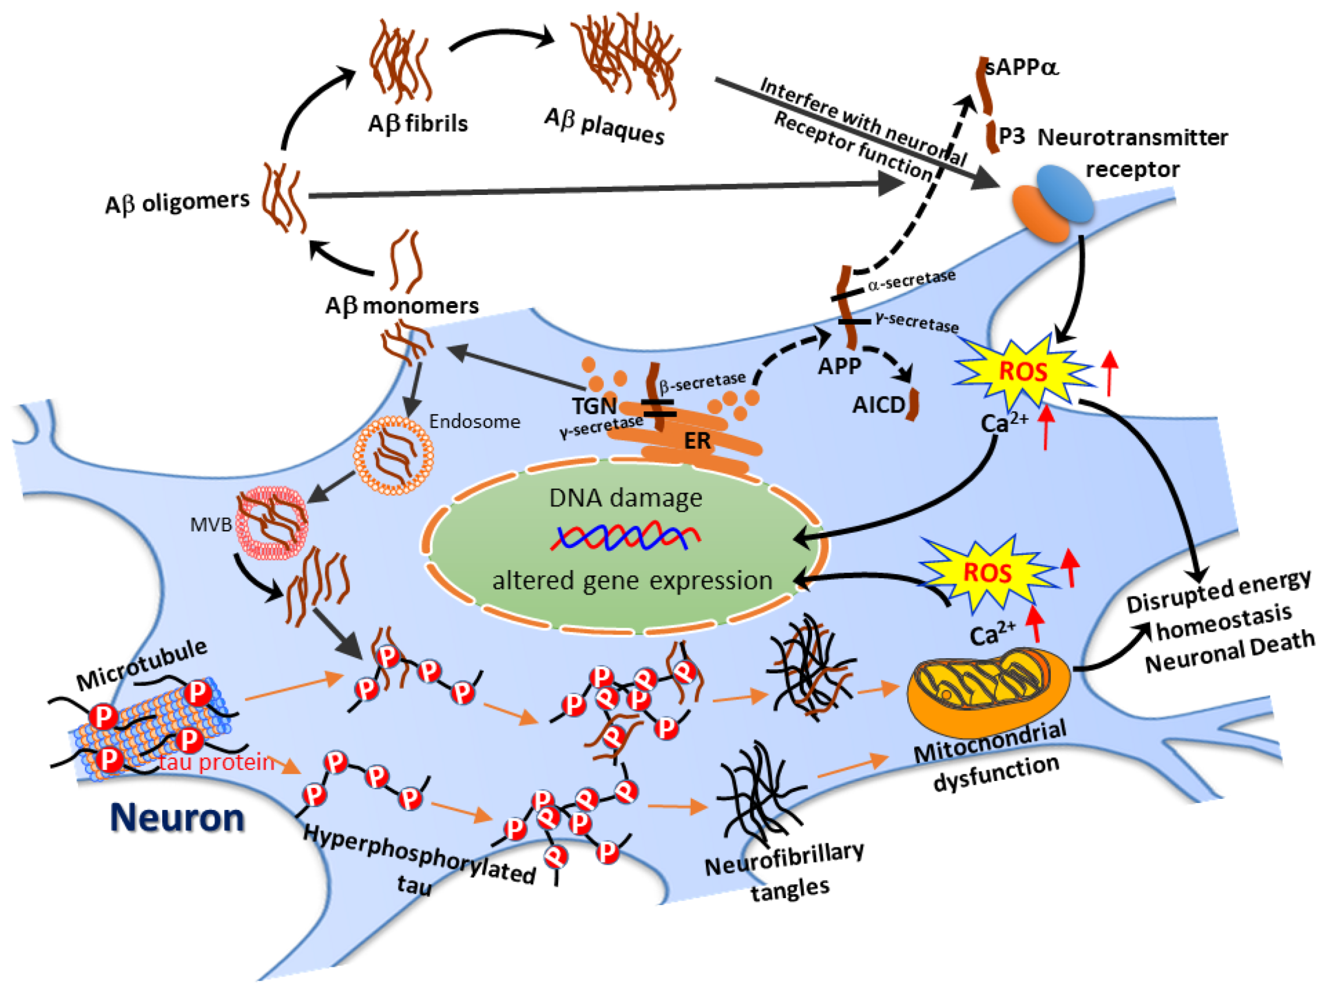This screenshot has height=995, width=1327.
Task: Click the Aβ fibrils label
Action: tap(417, 124)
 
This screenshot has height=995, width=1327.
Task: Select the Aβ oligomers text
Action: tap(177, 202)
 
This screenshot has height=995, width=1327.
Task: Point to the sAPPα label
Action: tap(1022, 67)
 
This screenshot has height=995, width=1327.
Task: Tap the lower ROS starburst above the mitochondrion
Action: tap(987, 572)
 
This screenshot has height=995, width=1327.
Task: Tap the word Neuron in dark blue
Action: tap(177, 818)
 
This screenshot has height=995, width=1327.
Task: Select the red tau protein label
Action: tap(216, 762)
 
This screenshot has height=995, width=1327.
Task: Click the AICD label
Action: tap(878, 406)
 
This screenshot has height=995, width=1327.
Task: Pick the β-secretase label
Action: tap(702, 382)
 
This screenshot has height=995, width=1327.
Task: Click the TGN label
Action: tap(594, 406)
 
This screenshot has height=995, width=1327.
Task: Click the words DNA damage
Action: tap(625, 497)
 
